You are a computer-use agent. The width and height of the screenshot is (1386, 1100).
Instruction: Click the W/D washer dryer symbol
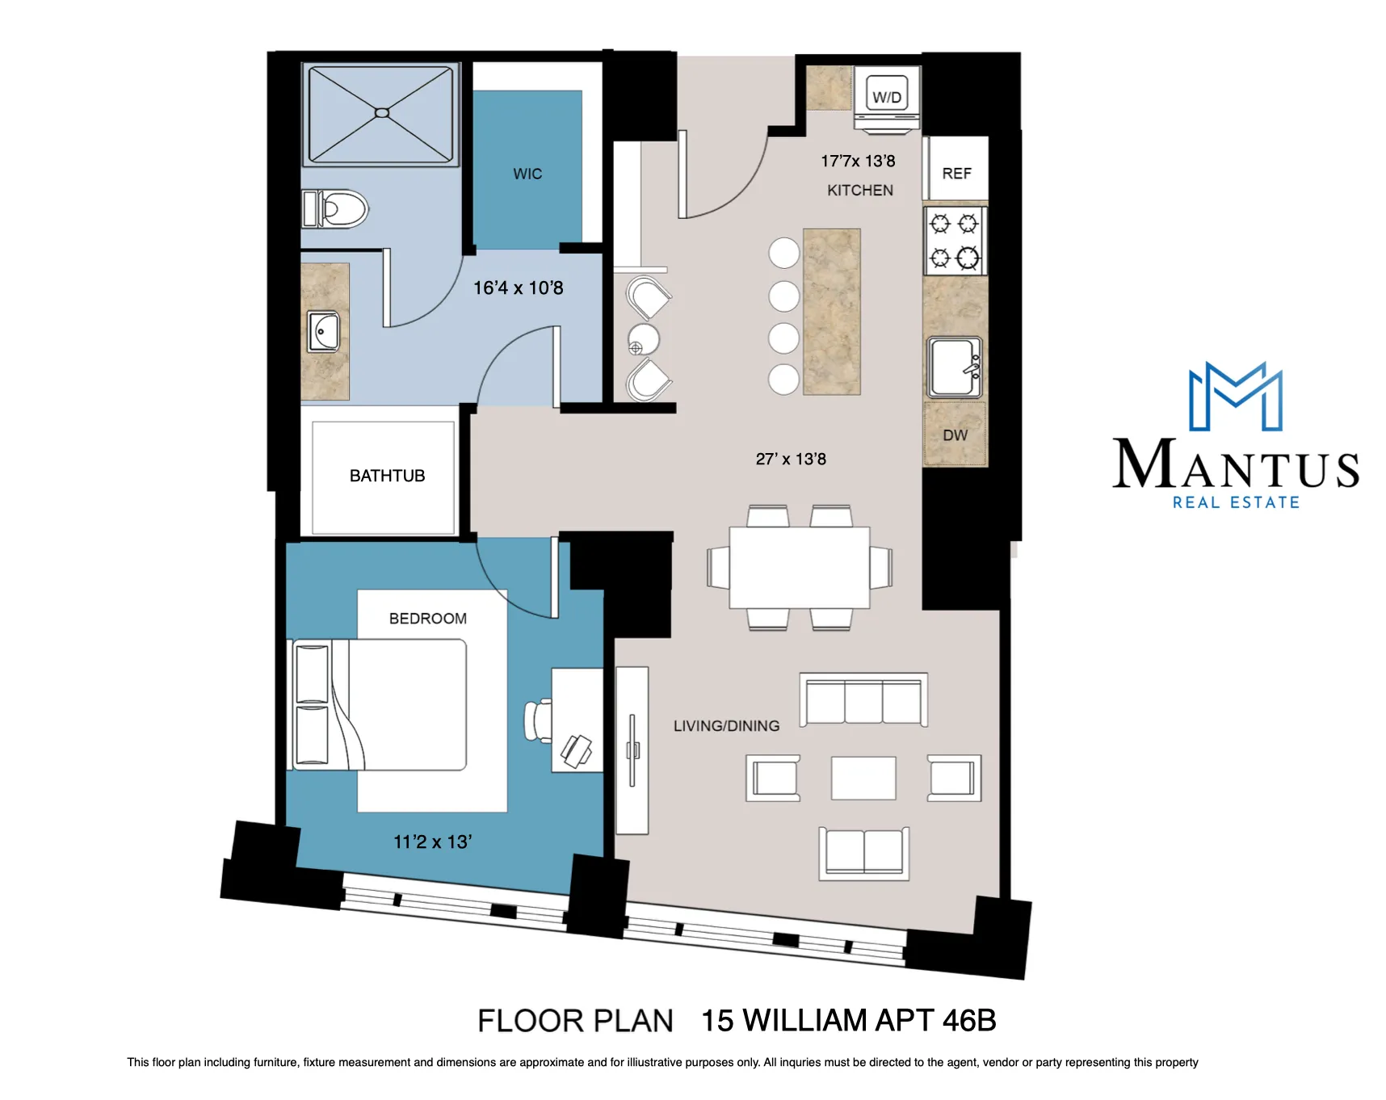coord(886,97)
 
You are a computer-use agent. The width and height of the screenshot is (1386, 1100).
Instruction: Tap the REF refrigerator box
coord(956,172)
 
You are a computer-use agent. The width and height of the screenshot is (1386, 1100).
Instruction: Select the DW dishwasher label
coord(955,435)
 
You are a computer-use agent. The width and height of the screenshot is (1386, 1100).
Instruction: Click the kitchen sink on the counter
coord(954,367)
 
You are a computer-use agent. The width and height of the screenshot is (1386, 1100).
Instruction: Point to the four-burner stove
coord(955,241)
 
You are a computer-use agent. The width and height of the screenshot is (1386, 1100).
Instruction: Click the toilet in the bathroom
coord(335,209)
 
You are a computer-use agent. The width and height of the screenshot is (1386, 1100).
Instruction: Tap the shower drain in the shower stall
coord(382,113)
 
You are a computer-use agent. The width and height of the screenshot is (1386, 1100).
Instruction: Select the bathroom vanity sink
coord(324,332)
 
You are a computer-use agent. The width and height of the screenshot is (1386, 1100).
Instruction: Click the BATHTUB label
coord(387,476)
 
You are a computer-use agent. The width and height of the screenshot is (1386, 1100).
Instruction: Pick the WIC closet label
coord(527,174)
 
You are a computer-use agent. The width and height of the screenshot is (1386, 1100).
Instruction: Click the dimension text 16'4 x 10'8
coord(518,288)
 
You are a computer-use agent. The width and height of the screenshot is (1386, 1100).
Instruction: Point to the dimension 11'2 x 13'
coord(432,842)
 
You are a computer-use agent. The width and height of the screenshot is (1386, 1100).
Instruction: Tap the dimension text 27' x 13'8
coord(791,459)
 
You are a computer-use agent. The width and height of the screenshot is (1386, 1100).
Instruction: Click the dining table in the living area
coord(799,567)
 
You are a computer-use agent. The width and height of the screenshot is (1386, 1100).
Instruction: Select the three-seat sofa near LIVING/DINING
coord(863,700)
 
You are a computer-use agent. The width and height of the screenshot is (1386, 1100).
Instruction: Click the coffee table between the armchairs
coord(863,777)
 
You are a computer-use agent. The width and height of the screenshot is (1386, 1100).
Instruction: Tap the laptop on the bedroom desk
coord(577,750)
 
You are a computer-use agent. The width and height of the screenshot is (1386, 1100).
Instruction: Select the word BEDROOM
coord(427,618)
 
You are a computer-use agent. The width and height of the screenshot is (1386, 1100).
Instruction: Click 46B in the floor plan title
coord(968,1020)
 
